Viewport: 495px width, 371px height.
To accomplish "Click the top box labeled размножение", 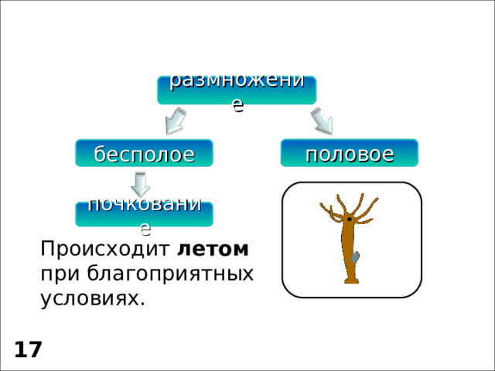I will [236, 90].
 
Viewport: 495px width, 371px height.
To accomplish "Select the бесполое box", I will [144, 153].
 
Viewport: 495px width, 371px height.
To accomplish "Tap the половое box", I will [350, 153].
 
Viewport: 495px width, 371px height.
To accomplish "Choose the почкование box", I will [144, 213].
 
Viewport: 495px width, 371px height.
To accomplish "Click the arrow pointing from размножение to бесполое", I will [176, 121].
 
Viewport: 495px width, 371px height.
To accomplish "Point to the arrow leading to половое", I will [321, 121].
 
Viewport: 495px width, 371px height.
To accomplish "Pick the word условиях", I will [92, 298].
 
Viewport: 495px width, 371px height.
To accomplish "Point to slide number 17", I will [28, 350].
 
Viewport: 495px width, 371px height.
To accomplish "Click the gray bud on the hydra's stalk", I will [356, 257].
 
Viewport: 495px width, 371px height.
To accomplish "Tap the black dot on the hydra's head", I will [350, 220].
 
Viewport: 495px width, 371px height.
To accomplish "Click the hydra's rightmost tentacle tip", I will [377, 199].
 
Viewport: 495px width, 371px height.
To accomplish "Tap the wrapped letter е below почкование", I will [145, 227].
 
